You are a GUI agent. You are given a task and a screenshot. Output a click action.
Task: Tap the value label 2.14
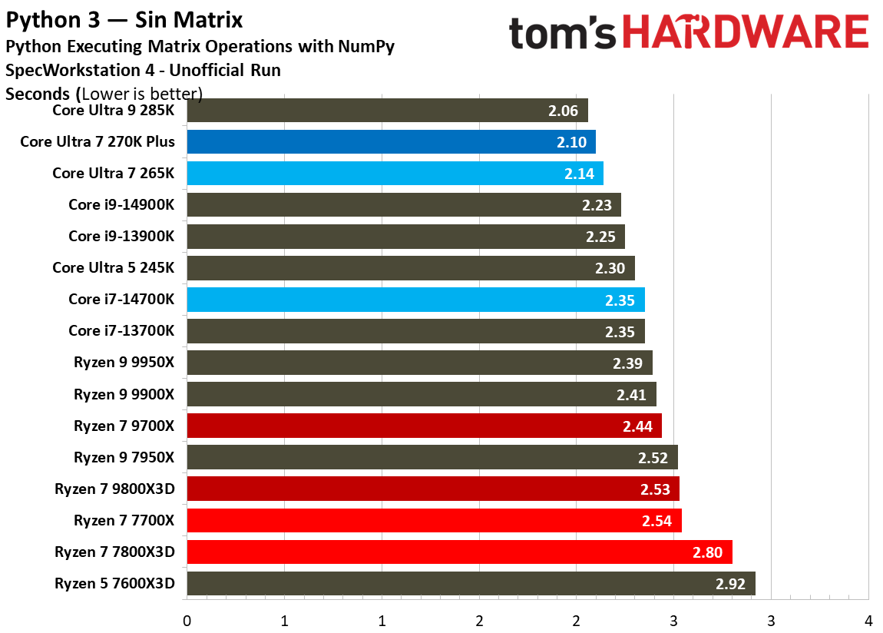click(579, 174)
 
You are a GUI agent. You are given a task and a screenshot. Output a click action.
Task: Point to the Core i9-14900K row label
click(121, 204)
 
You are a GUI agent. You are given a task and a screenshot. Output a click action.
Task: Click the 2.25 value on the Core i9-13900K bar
click(600, 237)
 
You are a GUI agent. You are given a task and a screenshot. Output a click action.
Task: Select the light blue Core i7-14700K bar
click(415, 300)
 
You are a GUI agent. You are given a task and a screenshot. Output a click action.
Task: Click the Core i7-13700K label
click(121, 330)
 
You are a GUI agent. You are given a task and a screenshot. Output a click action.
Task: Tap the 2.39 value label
click(628, 363)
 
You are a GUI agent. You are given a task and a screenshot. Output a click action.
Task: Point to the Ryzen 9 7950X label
click(124, 457)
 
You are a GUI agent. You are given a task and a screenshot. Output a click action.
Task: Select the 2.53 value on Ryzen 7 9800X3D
click(654, 489)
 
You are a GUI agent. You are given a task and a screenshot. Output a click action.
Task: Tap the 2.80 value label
click(707, 552)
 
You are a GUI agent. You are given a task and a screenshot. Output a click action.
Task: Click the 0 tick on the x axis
click(187, 620)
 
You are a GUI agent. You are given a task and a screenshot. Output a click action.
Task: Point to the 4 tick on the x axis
click(868, 620)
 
